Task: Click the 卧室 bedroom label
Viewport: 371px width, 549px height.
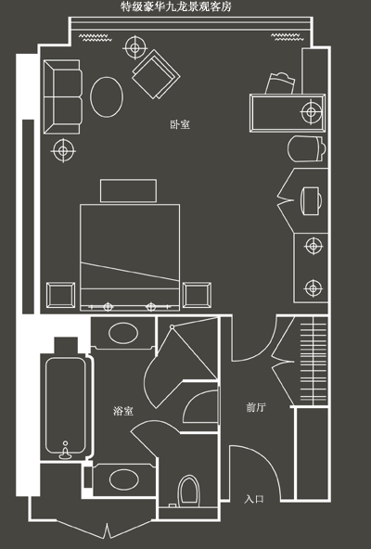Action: coord(180,124)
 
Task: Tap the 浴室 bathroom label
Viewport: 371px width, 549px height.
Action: coord(123,411)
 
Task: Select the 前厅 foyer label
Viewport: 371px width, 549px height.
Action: coord(256,407)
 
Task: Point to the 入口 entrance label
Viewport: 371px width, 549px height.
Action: coord(253,499)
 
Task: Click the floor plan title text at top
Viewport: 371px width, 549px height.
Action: coord(176,6)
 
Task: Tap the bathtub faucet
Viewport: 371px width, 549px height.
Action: coord(66,451)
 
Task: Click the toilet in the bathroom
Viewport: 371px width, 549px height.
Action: coord(188,491)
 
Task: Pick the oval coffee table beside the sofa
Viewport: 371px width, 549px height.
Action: coord(107,97)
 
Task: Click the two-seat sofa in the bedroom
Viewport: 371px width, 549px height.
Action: coord(63,97)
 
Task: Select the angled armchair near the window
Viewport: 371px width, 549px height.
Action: coord(156,74)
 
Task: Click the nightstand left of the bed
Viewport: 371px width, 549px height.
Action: coord(60,295)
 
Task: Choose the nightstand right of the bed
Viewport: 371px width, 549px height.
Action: coord(197,295)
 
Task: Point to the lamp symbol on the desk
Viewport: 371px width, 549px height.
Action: coord(311,112)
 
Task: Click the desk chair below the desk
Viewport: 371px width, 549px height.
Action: coord(305,148)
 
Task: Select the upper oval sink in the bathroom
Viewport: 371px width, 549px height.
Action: coord(123,333)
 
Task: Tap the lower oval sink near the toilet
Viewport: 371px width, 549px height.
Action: coord(124,479)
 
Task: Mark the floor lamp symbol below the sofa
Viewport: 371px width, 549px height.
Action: coord(63,150)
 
